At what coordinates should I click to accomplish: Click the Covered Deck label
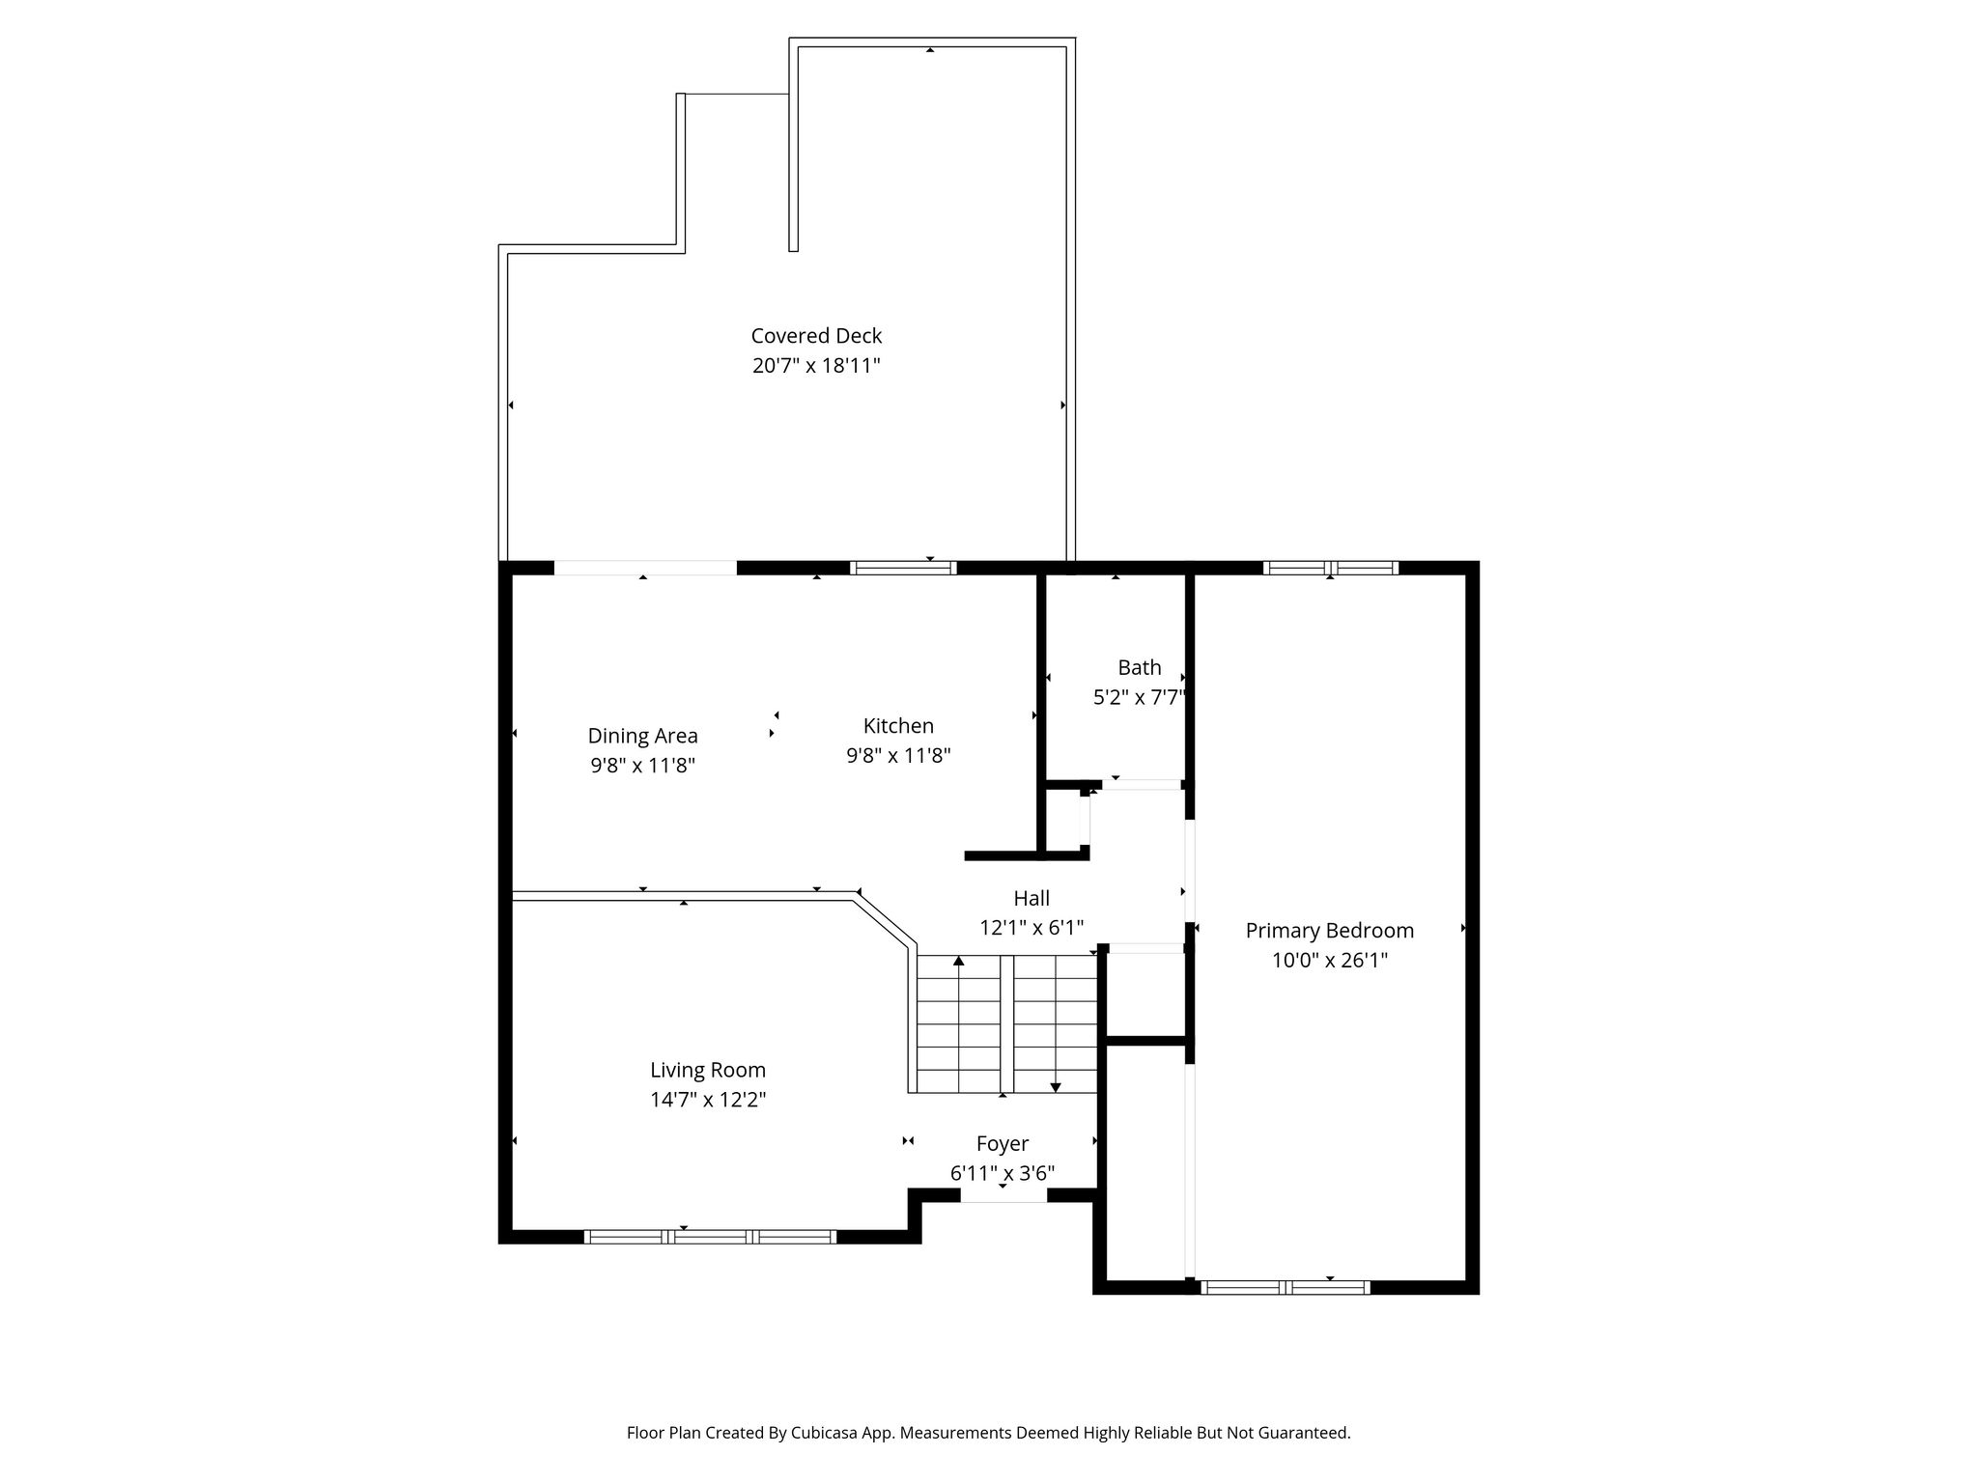click(816, 336)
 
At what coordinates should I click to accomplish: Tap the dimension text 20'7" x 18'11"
click(816, 366)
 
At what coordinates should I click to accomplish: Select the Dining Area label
click(642, 737)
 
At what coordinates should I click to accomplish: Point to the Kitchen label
click(898, 726)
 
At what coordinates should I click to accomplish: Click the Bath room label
click(1140, 667)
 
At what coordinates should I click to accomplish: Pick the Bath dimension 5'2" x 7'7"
click(1139, 697)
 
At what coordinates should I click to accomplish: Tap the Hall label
click(1031, 898)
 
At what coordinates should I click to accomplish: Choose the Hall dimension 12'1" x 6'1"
click(1031, 928)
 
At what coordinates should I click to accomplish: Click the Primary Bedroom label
click(1329, 931)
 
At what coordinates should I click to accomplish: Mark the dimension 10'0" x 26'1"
click(1329, 961)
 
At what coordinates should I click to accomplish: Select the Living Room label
click(708, 1071)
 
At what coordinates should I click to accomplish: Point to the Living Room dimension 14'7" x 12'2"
click(708, 1100)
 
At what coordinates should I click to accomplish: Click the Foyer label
click(1003, 1144)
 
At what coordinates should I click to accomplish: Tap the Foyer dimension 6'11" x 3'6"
click(1003, 1174)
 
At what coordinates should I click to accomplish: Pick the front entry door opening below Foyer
click(1003, 1195)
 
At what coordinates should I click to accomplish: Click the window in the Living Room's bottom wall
click(710, 1237)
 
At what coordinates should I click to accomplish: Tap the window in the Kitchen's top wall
click(903, 568)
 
